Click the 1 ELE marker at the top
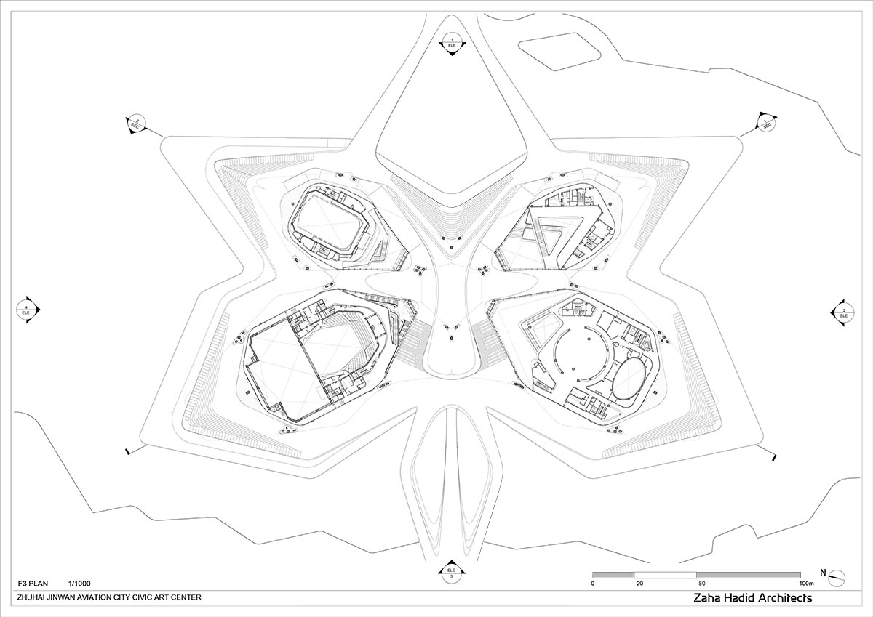coord(451,42)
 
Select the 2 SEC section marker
coord(135,123)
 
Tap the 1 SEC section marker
coord(766,123)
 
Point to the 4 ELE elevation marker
coord(27,310)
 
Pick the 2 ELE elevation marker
coord(843,312)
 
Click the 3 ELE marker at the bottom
coord(451,573)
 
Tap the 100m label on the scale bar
coord(805,583)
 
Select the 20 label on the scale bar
coord(639,583)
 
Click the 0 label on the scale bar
coord(594,583)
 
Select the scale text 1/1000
coord(80,584)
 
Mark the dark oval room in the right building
coord(628,376)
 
